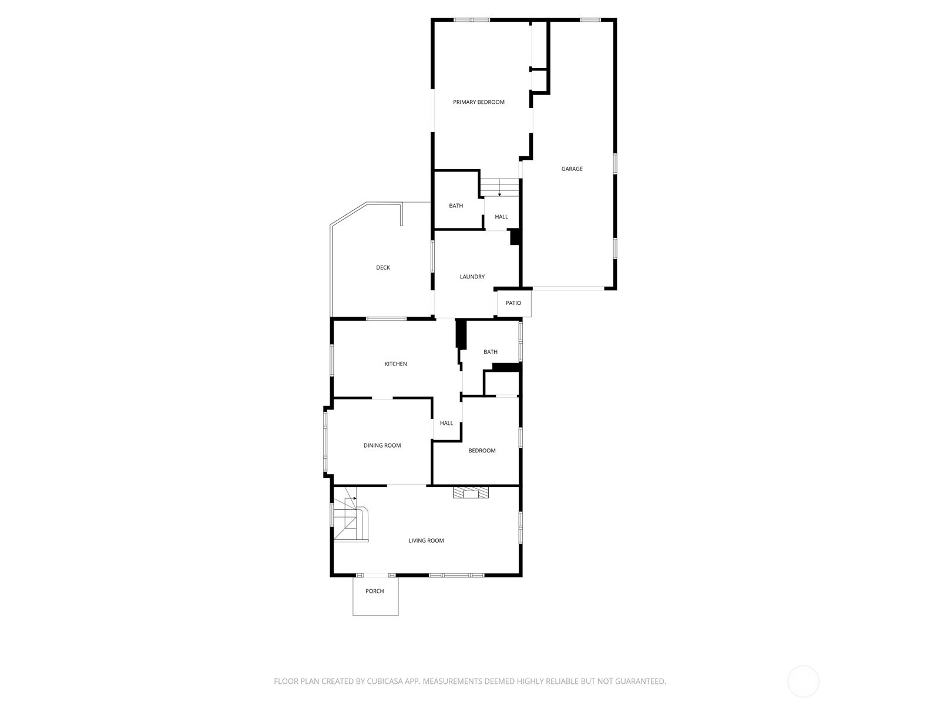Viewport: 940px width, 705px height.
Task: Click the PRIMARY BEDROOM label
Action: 478,102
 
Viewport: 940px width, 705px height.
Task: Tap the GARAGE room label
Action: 572,169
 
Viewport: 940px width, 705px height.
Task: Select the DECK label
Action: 382,268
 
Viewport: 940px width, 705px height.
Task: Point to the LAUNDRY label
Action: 472,277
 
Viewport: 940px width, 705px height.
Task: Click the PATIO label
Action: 513,303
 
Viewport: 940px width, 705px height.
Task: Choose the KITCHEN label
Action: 395,364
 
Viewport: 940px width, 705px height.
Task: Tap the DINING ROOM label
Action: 382,445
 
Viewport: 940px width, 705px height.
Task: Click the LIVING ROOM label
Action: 426,540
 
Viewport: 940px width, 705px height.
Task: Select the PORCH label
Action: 374,591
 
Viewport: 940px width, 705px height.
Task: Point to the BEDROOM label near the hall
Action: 482,451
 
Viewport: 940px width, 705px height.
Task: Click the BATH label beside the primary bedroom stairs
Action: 456,206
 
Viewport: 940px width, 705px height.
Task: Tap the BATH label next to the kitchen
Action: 490,352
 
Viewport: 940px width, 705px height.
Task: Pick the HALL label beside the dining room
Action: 446,423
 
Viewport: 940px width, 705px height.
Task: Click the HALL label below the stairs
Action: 501,217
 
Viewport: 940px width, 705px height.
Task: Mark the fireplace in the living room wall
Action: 470,493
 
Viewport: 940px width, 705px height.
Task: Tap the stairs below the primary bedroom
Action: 500,188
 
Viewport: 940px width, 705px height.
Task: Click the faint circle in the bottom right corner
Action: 803,681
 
